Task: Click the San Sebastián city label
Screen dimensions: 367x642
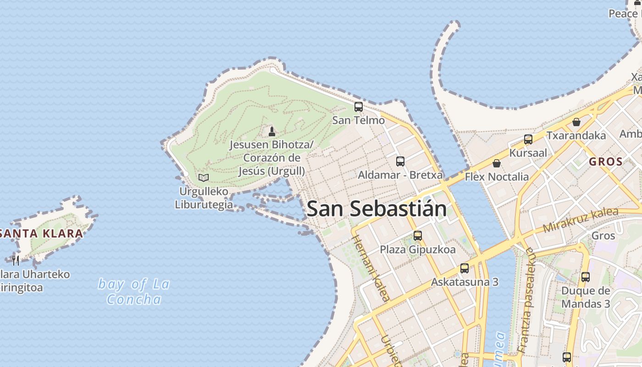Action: click(x=376, y=209)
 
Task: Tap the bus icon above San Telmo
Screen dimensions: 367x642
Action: click(x=359, y=107)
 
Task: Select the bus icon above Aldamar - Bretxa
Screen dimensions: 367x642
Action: click(x=400, y=161)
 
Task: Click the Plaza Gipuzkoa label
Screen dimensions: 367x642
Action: click(x=418, y=250)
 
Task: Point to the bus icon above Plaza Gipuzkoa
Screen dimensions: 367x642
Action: click(x=418, y=236)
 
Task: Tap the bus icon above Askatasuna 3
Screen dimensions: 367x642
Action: click(x=465, y=268)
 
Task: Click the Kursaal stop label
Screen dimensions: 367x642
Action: click(x=528, y=153)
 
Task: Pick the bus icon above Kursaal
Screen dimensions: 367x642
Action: click(x=528, y=139)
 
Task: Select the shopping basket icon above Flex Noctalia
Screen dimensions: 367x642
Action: click(x=496, y=163)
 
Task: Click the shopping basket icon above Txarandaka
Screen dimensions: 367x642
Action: click(x=576, y=122)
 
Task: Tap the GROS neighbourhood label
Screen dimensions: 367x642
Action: click(x=606, y=161)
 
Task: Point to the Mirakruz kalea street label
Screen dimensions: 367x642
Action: click(x=581, y=220)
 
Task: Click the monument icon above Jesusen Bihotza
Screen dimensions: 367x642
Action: click(x=272, y=132)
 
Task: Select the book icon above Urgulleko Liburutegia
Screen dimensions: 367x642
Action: click(x=204, y=178)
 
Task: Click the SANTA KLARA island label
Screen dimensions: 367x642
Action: click(x=41, y=233)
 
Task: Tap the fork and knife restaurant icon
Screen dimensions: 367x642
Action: click(x=16, y=261)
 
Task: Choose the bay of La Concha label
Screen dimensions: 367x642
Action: click(x=134, y=291)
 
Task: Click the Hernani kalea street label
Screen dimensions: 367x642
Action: click(x=371, y=268)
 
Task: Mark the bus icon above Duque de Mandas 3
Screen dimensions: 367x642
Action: click(x=586, y=277)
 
